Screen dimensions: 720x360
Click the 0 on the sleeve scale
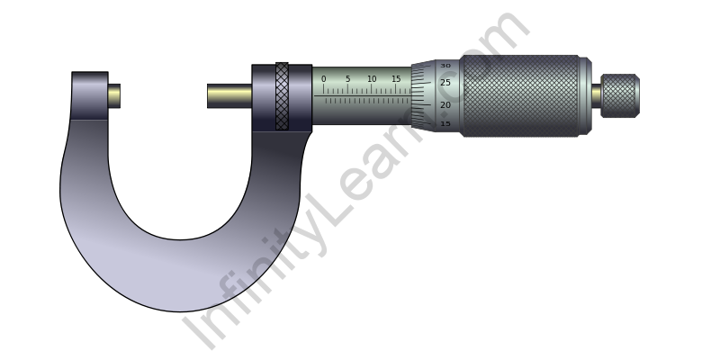(x=324, y=79)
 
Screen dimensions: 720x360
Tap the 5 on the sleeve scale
(x=347, y=79)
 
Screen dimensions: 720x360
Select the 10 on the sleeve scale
(x=372, y=79)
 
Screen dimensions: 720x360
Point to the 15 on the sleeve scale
(x=396, y=79)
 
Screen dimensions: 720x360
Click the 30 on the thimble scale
(x=445, y=66)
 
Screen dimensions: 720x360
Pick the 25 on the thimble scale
(x=445, y=83)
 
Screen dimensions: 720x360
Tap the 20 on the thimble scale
(x=445, y=105)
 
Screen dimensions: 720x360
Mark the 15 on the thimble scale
(x=445, y=124)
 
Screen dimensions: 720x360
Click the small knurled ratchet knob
(x=620, y=95)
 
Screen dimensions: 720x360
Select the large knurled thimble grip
(x=520, y=96)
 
